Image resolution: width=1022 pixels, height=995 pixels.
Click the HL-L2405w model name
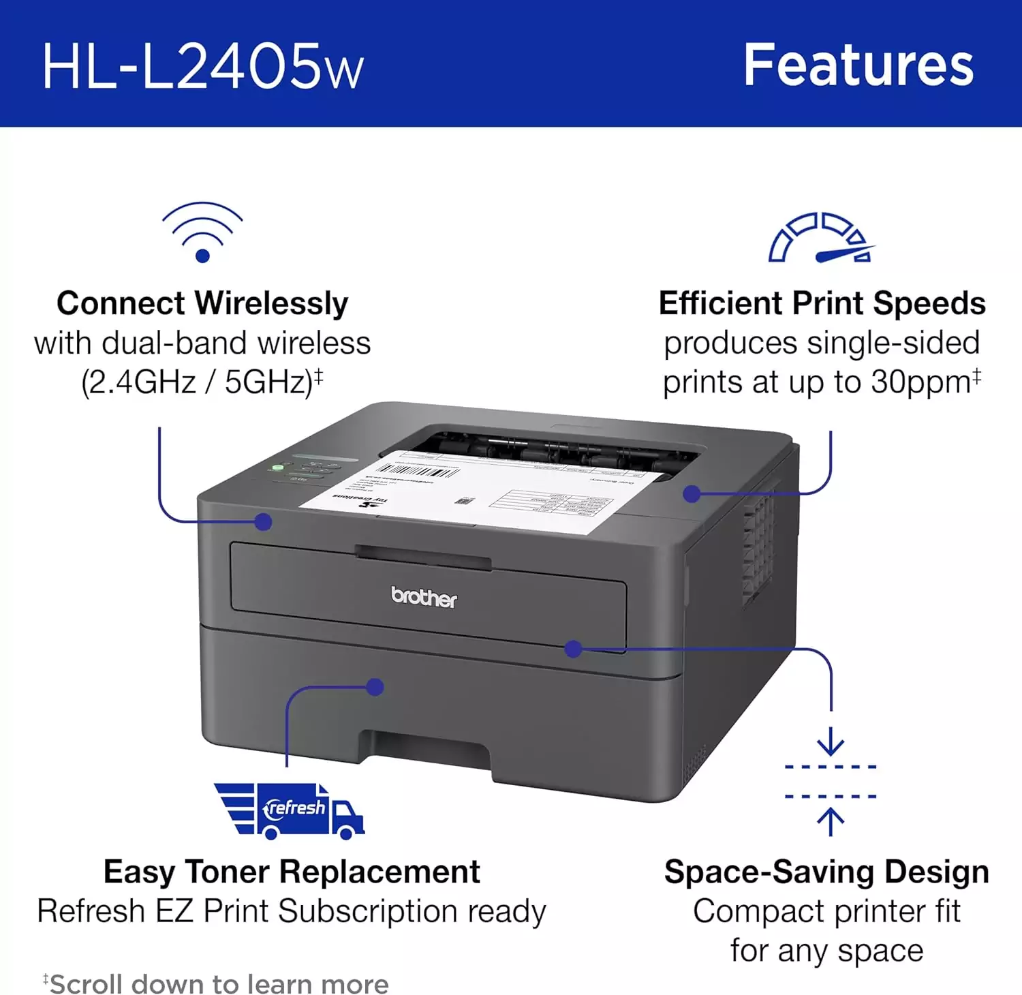203,66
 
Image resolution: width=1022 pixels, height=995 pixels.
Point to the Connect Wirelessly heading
202,303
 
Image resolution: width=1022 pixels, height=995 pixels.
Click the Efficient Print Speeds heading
822,303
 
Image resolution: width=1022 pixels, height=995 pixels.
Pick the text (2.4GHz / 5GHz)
197,382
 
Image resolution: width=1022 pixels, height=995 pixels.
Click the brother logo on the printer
424,597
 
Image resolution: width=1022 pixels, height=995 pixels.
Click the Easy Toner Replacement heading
292,872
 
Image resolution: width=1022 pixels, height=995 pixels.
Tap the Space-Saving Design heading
826,872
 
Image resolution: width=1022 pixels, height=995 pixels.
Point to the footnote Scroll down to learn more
219,984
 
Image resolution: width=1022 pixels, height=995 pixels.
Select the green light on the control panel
277,468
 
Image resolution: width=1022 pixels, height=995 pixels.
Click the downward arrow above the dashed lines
831,741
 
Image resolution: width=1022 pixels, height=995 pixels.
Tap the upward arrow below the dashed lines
831,821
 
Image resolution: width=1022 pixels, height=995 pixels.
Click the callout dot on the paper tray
375,687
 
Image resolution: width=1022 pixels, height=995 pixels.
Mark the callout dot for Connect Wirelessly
264,522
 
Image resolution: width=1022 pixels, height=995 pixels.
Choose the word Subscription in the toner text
369,912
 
